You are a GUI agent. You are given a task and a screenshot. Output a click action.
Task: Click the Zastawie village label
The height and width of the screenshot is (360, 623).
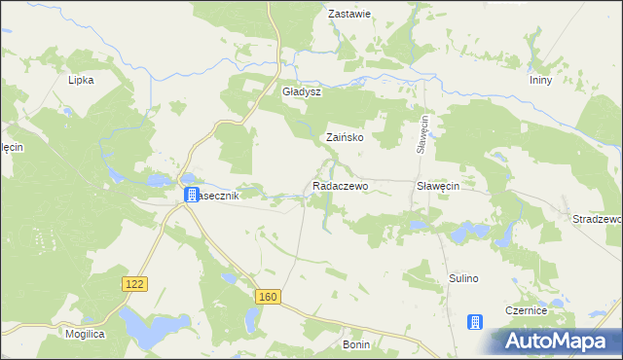click(x=350, y=15)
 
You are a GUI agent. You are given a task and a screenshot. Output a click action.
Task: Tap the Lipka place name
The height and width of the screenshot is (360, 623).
click(x=81, y=80)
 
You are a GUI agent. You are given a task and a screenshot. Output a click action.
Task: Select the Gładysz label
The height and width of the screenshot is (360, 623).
click(x=301, y=91)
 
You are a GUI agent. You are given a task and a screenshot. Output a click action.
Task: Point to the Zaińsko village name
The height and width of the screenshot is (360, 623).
click(x=345, y=138)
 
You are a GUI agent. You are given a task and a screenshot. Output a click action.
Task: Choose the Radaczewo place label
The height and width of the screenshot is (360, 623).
click(x=340, y=185)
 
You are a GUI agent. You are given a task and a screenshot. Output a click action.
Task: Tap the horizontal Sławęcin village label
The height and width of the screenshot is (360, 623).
click(x=438, y=185)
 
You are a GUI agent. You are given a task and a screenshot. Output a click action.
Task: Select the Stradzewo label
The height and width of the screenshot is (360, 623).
click(x=596, y=219)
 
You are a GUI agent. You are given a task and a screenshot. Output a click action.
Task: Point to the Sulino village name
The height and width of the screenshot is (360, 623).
click(x=464, y=278)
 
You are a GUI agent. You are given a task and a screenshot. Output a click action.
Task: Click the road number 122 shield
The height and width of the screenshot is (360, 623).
click(x=134, y=282)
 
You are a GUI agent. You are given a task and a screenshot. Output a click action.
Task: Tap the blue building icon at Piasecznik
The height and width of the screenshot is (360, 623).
click(x=191, y=195)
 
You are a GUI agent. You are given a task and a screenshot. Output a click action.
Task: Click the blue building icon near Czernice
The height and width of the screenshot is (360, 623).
click(x=475, y=322)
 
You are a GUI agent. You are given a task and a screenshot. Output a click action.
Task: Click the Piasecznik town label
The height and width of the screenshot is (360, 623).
click(x=218, y=195)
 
